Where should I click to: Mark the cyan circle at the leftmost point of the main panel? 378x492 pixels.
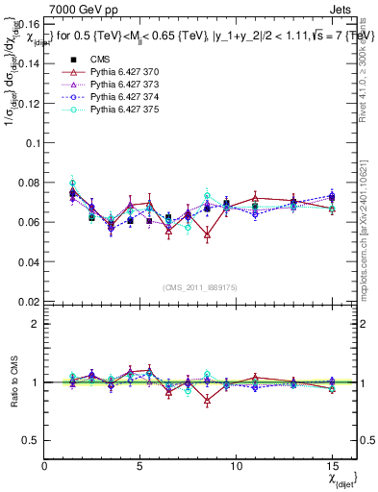73,183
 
